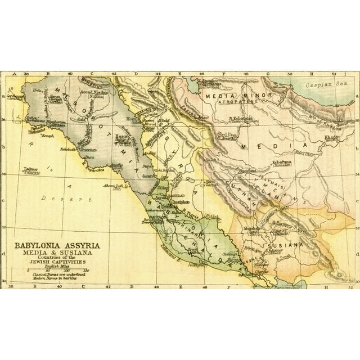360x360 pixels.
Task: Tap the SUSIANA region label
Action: (x=289, y=245)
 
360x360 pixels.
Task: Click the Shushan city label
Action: (x=253, y=229)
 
